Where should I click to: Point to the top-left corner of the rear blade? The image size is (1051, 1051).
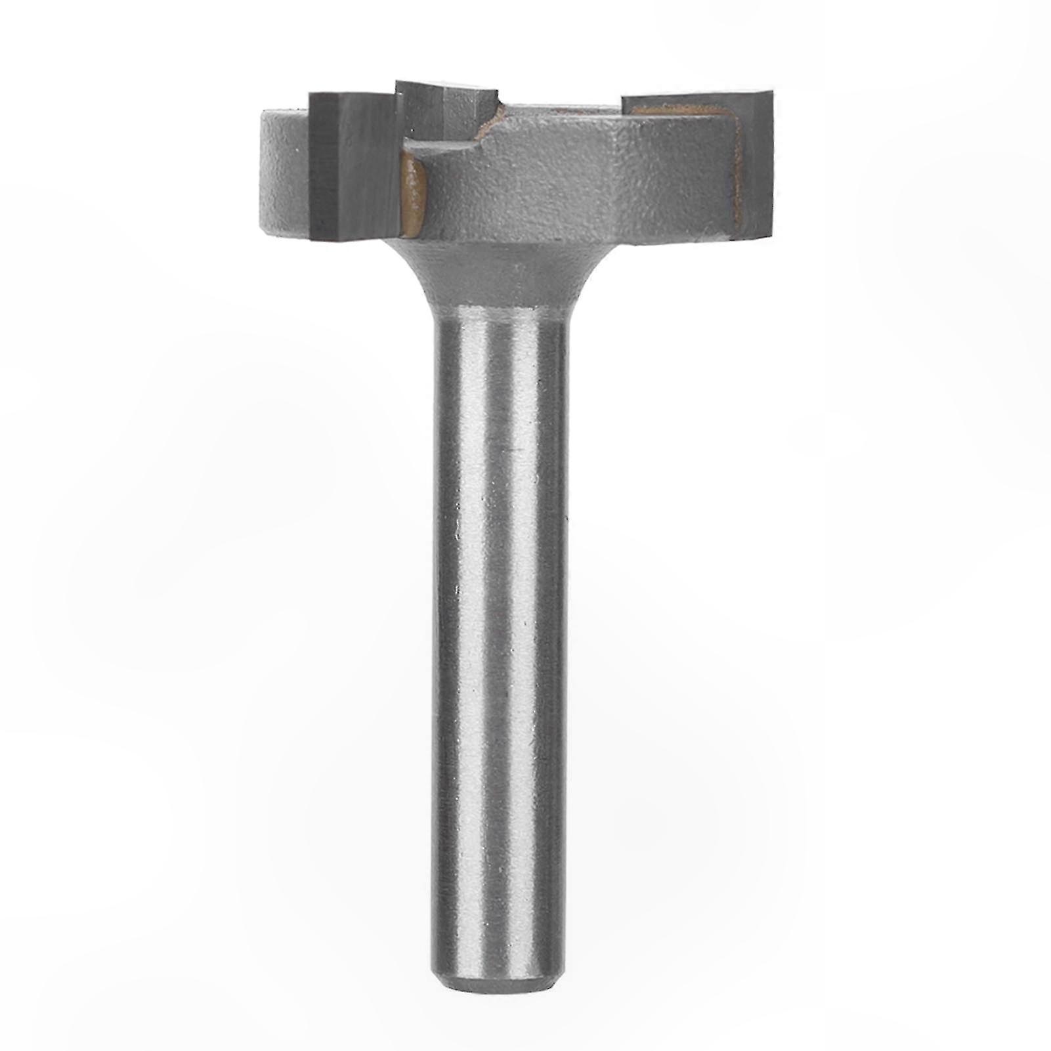coord(397,83)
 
